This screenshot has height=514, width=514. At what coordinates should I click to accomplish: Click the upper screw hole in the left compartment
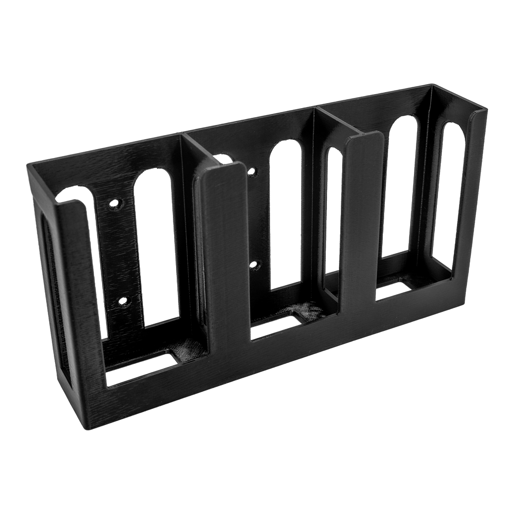(114, 204)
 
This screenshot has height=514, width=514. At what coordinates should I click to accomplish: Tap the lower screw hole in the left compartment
(123, 301)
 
